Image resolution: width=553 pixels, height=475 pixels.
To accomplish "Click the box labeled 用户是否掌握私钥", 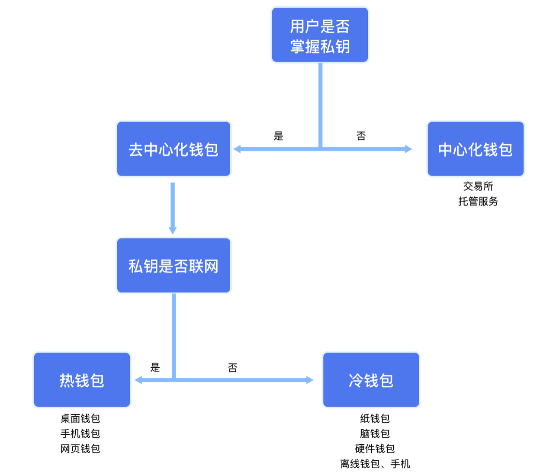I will [320, 35].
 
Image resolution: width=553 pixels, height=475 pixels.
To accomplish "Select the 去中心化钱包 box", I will [174, 149].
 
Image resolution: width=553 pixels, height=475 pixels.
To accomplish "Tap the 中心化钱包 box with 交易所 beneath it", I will [476, 149].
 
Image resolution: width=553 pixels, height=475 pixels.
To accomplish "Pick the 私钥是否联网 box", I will [174, 265].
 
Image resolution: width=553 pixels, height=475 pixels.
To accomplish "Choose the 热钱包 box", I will [82, 380].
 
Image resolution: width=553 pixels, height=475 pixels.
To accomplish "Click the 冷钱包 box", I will [371, 380].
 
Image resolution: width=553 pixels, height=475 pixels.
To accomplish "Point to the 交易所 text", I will [478, 186].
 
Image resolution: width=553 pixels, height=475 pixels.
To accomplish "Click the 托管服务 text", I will [478, 201].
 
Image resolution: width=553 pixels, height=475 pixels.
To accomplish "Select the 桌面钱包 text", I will [80, 418].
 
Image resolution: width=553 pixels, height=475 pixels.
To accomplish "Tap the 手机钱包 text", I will [80, 433].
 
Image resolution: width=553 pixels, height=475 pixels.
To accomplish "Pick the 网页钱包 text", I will [80, 449].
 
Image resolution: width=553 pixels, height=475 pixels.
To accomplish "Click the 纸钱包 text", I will [375, 418].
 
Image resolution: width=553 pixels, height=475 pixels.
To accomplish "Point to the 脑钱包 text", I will [375, 433].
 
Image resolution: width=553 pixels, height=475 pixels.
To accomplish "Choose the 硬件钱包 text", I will [375, 449].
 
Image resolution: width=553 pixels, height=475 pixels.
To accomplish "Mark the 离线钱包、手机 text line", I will [375, 464].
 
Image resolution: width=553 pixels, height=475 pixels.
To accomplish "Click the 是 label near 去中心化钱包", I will [278, 136].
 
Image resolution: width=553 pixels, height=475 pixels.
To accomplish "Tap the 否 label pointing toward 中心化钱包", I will [361, 136].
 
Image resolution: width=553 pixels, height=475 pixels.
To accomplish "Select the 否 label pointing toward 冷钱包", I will [233, 368].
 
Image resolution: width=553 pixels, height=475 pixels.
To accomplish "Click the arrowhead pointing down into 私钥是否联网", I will [173, 230].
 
